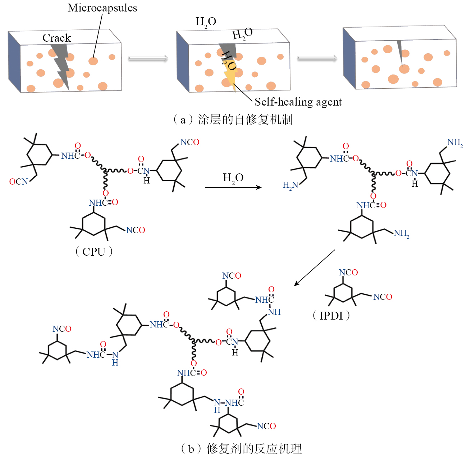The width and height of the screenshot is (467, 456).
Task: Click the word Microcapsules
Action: [x=102, y=8]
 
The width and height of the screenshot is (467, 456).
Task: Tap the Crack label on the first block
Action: [x=56, y=38]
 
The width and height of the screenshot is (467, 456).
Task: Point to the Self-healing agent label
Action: [x=298, y=102]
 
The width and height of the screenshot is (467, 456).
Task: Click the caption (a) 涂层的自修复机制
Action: [x=233, y=119]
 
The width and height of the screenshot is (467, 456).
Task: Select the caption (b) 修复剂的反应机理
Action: [x=241, y=448]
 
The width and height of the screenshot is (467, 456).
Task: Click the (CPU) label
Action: [x=94, y=251]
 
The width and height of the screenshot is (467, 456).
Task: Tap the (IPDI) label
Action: [x=331, y=315]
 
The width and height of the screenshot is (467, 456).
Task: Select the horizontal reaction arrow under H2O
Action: [x=233, y=187]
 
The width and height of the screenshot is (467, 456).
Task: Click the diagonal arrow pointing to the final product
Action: [x=314, y=268]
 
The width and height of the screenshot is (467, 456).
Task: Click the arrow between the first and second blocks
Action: [x=148, y=58]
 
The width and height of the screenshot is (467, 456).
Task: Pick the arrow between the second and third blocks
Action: [x=317, y=58]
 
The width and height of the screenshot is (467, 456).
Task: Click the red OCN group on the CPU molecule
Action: [x=19, y=182]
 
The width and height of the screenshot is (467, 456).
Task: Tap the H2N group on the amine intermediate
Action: [x=290, y=185]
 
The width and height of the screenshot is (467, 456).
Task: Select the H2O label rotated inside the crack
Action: [x=228, y=60]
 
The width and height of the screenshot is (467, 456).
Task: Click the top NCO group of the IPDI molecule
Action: [x=348, y=273]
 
